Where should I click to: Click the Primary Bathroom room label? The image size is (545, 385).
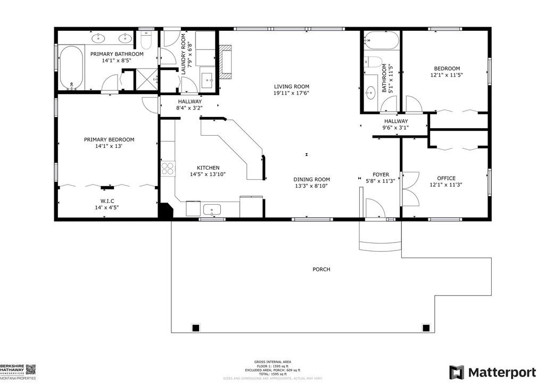click(x=117, y=54)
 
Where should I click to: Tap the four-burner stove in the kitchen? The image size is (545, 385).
click(x=168, y=168)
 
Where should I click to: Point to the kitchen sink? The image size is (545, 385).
click(x=212, y=209)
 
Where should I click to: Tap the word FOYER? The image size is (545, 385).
click(x=381, y=174)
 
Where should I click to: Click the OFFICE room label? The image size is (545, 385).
click(x=446, y=178)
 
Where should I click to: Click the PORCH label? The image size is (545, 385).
click(x=321, y=269)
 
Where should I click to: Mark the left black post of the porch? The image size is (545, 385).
click(x=195, y=327)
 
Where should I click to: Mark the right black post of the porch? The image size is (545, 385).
click(x=426, y=327)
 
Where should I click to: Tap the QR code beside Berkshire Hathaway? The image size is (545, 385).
click(x=30, y=369)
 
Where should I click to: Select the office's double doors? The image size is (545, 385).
click(x=410, y=189)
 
